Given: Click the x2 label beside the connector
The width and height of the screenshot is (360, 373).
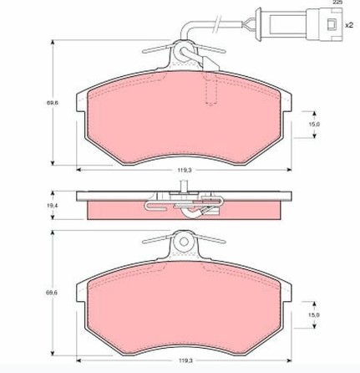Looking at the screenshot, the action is (x=349, y=25).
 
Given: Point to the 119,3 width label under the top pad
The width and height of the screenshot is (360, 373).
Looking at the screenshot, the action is (x=185, y=170).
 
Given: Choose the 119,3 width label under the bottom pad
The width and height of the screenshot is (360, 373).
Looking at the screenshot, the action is (x=185, y=360).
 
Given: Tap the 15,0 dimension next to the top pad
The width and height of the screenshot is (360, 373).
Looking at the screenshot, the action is (x=314, y=124).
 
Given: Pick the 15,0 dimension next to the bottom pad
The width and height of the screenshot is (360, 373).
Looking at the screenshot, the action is (x=314, y=315).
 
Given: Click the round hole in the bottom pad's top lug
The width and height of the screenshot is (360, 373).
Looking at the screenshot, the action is (x=184, y=242).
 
